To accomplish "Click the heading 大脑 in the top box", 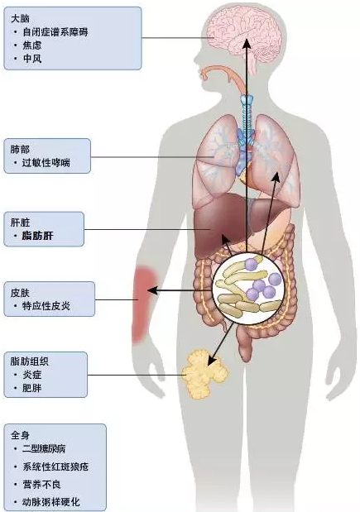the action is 20,18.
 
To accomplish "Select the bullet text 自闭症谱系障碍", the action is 55,32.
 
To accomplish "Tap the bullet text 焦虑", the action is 32,45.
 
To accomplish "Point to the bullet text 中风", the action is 32,59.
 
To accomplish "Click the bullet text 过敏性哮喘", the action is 46,163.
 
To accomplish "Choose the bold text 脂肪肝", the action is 37,236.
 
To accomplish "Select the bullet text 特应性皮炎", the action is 46,306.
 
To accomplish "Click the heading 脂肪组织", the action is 30,361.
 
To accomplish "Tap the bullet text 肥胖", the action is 32,388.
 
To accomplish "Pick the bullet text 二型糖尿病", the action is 44,448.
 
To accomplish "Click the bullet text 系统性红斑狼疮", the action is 55,467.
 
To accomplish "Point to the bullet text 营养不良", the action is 41,484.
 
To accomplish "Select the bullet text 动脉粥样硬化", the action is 51,502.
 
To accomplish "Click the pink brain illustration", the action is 244,34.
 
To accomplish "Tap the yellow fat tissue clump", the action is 204,374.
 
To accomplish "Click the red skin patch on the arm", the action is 144,304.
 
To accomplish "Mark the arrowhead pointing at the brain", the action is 247,44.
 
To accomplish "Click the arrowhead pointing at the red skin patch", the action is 153,290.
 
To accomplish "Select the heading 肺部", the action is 20,149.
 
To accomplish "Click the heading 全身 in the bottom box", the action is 20,435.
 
